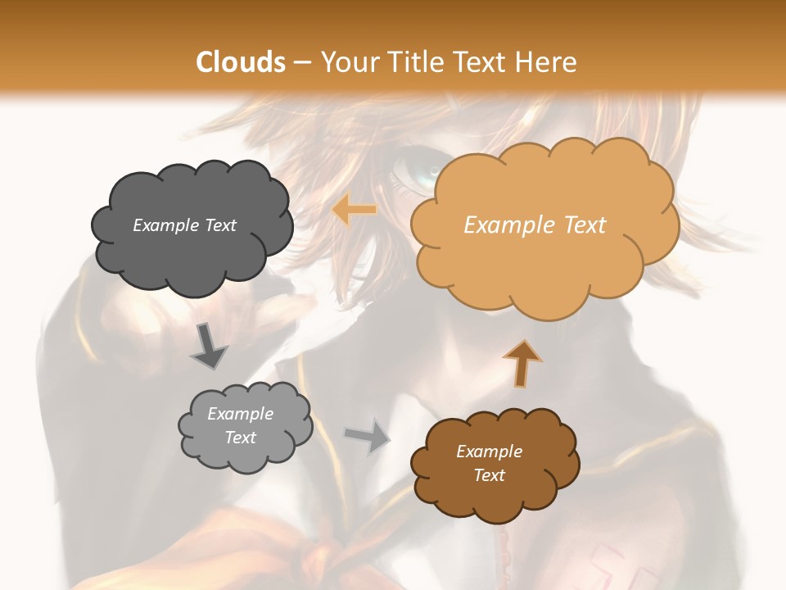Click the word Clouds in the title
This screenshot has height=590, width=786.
241,62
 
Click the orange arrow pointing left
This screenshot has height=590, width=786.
355,211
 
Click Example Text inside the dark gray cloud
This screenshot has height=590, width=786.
184,225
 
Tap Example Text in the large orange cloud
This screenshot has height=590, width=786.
535,225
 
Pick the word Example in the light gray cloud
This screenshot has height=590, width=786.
240,415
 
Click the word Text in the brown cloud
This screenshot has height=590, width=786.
490,475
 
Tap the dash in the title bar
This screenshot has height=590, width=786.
300,62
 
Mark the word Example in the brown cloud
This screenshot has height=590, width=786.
489,452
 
